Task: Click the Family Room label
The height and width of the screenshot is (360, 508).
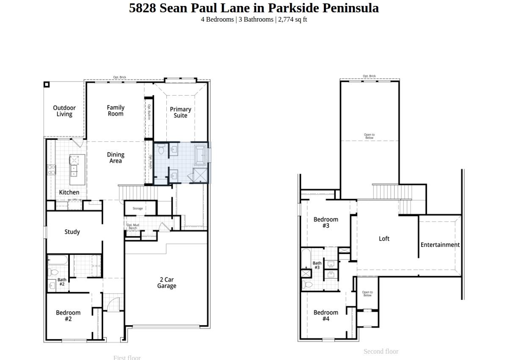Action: pyautogui.click(x=115, y=111)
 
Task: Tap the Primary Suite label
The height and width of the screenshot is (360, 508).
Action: pyautogui.click(x=180, y=112)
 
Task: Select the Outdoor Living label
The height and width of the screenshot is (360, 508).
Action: pyautogui.click(x=64, y=111)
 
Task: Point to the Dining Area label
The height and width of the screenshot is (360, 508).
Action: pyautogui.click(x=115, y=158)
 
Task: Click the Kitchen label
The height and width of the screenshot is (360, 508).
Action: pyautogui.click(x=69, y=192)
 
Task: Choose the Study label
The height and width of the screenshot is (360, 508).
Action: pyautogui.click(x=72, y=232)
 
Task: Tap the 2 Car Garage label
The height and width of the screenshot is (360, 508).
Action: pyautogui.click(x=166, y=282)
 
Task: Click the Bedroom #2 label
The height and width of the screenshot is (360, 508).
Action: pyautogui.click(x=68, y=316)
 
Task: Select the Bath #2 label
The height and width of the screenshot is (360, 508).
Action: pyautogui.click(x=62, y=282)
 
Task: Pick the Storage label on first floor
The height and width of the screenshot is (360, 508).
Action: pyautogui.click(x=138, y=208)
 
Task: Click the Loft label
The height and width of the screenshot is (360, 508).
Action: pyautogui.click(x=384, y=239)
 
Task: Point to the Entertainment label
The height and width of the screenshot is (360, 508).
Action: pyautogui.click(x=440, y=245)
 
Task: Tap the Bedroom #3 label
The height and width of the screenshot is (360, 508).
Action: pyautogui.click(x=326, y=222)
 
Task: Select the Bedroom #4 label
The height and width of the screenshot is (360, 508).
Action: pyautogui.click(x=326, y=316)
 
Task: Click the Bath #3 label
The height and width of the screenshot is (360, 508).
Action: pyautogui.click(x=317, y=265)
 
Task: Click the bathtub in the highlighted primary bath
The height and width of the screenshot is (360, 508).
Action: pyautogui.click(x=200, y=155)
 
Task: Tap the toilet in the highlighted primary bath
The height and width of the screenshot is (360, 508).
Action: pyautogui.click(x=161, y=150)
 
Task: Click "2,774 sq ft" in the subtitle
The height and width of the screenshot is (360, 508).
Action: pyautogui.click(x=293, y=19)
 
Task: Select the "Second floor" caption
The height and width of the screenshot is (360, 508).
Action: pyautogui.click(x=381, y=351)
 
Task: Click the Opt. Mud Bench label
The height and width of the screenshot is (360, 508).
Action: pyautogui.click(x=133, y=227)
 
